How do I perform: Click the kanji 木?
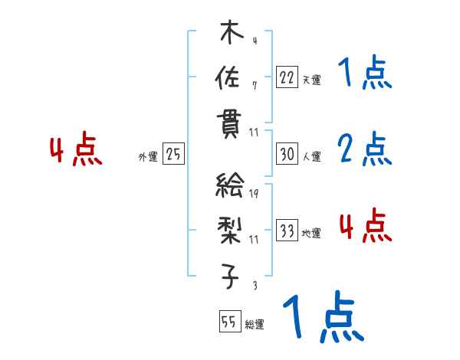228,35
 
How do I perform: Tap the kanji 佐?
228,77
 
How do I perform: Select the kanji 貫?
228,123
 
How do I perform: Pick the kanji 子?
228,274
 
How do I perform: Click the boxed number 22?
287,77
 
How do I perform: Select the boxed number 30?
287,154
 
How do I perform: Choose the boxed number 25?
174,154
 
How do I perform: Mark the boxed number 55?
228,322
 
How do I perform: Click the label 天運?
311,79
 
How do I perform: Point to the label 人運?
311,156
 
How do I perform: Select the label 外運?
147,156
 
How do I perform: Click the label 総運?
255,324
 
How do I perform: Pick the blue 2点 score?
365,149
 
